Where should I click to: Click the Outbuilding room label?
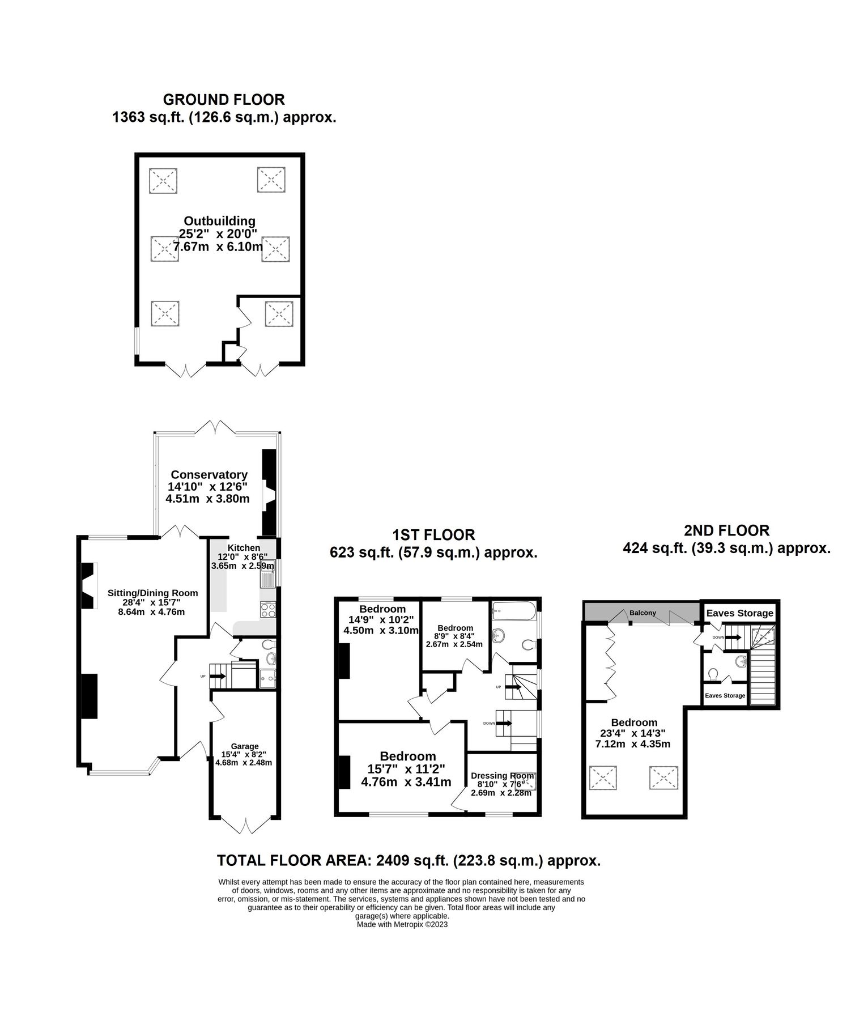point(219,221)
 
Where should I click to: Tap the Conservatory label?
point(209,475)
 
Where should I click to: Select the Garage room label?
point(244,746)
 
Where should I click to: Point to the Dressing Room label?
point(502,776)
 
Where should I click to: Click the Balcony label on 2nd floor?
point(643,613)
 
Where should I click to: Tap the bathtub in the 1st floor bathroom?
point(513,611)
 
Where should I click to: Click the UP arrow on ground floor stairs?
point(218,676)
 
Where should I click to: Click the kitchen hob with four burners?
point(267,610)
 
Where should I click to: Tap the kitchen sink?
point(267,573)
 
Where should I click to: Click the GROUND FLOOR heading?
point(224,100)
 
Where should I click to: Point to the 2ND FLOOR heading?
point(726,530)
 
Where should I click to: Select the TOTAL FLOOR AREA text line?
point(409,860)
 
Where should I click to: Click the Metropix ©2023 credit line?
point(402,924)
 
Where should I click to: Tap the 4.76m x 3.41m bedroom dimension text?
point(406,783)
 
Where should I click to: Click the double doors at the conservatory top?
point(218,427)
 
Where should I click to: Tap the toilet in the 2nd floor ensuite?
point(713,673)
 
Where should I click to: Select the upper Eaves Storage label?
point(739,613)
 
